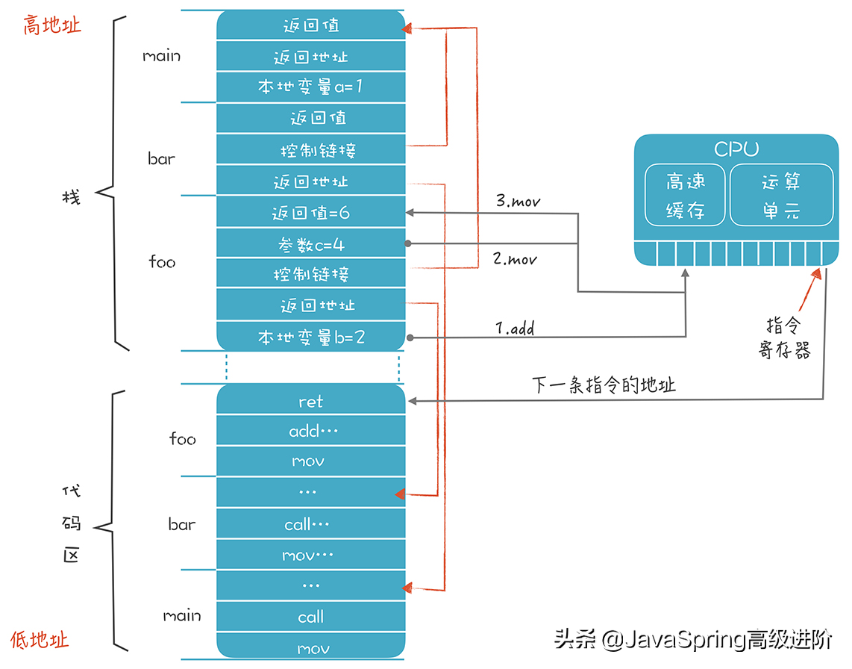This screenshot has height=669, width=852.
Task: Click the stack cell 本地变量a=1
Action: click(x=310, y=87)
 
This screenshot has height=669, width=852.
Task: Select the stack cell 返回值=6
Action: click(x=310, y=213)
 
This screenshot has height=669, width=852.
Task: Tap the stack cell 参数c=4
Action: click(x=310, y=244)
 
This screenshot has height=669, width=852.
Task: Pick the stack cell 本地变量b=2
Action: click(x=310, y=337)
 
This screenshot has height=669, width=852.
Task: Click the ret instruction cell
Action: click(x=310, y=402)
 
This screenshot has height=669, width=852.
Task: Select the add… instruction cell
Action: click(x=310, y=431)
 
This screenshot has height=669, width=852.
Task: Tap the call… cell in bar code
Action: click(x=310, y=525)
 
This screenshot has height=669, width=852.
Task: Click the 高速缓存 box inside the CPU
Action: click(x=685, y=195)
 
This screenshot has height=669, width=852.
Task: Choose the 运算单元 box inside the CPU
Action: click(x=780, y=195)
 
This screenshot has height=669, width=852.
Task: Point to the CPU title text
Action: click(x=736, y=149)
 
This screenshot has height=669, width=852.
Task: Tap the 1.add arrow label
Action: click(x=515, y=328)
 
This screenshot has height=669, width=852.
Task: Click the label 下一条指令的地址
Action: click(x=604, y=385)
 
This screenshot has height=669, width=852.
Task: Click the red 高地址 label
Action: click(x=51, y=26)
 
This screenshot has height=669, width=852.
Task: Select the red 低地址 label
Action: click(x=40, y=639)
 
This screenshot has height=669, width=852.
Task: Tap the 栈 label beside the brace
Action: click(x=72, y=197)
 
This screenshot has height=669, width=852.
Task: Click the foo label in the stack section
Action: click(x=162, y=262)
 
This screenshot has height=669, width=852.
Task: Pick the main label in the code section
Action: click(x=182, y=615)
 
